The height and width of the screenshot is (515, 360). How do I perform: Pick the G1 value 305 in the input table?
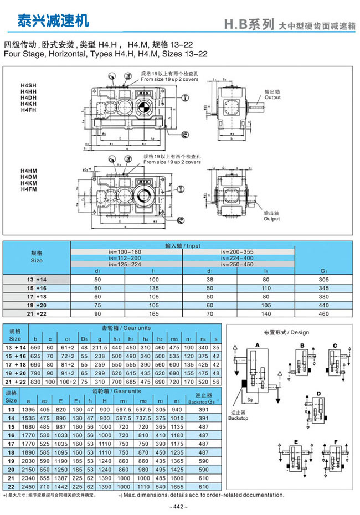click(324, 280)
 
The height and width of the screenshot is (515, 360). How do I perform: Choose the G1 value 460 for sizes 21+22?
click(324, 313)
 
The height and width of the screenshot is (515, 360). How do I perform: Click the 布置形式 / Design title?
click(286, 333)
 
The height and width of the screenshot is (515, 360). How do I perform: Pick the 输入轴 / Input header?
click(183, 245)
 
